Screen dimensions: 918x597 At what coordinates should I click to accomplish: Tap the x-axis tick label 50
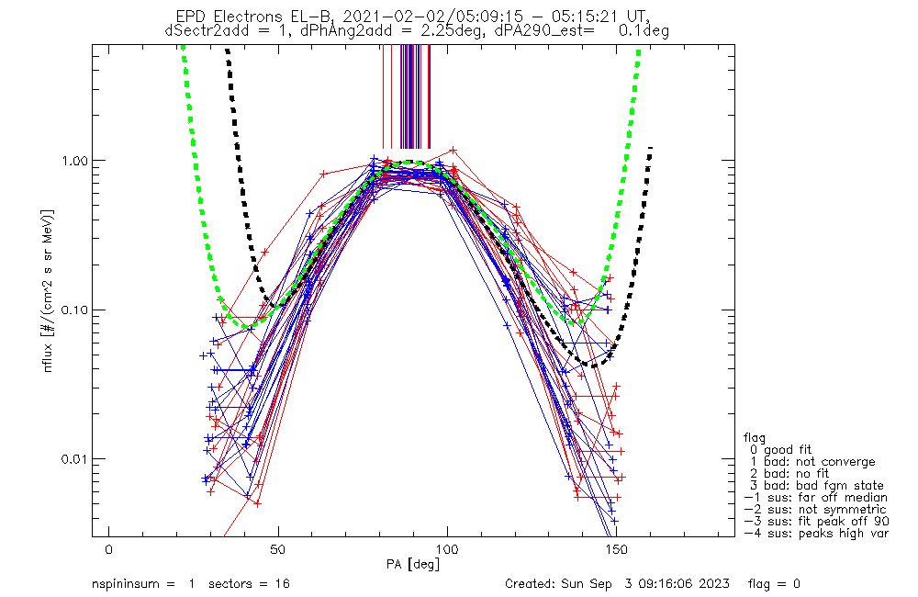278,549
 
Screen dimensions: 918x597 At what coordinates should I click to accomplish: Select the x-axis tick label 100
447,549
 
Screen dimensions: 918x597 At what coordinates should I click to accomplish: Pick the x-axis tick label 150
617,549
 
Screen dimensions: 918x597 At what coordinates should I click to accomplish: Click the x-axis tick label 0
109,549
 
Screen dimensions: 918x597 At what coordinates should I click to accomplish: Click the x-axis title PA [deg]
413,564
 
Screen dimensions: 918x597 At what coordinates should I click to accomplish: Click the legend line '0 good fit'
780,449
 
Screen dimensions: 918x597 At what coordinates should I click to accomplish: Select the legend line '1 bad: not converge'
812,462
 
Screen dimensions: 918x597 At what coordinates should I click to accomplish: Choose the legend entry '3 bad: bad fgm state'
817,486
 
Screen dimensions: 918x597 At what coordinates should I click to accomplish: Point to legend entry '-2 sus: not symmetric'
815,510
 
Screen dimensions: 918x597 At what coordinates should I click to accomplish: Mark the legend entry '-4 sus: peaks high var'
816,534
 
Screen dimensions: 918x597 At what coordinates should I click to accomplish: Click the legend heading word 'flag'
755,437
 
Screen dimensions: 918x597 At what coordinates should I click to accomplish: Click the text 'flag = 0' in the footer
774,583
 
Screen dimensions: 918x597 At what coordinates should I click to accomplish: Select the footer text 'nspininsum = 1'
143,583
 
